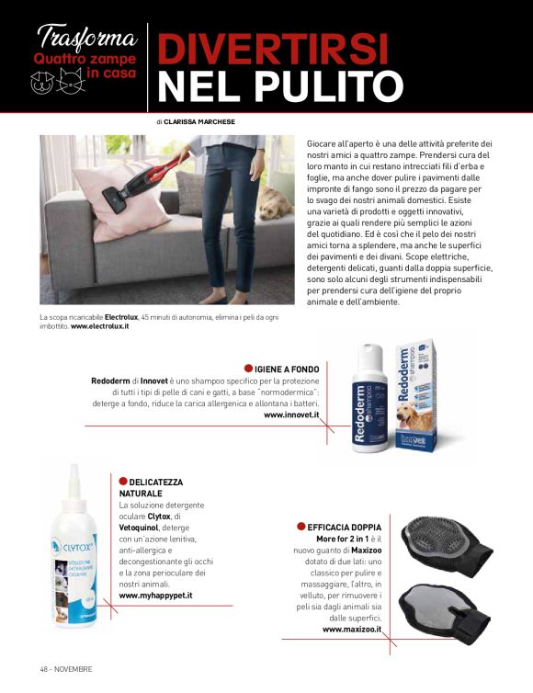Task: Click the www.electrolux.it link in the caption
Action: click(x=100, y=326)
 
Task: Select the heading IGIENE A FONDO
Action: click(x=288, y=369)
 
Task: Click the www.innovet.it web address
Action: click(x=291, y=415)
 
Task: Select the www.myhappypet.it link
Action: click(x=162, y=596)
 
